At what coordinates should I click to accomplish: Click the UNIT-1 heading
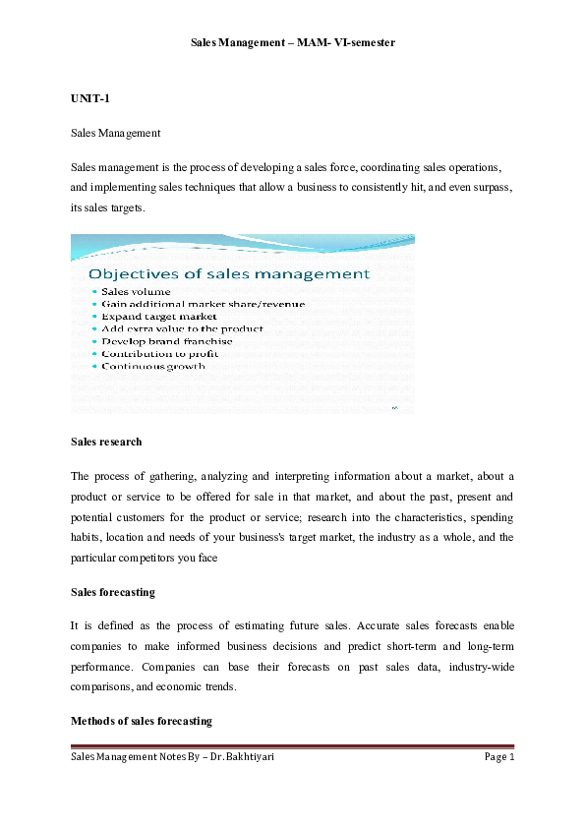point(89,100)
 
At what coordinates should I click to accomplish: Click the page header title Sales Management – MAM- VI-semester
point(292,43)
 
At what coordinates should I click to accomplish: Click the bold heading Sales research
point(106,442)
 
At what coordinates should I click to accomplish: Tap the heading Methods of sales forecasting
point(141,721)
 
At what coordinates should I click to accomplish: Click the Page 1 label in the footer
point(498,756)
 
